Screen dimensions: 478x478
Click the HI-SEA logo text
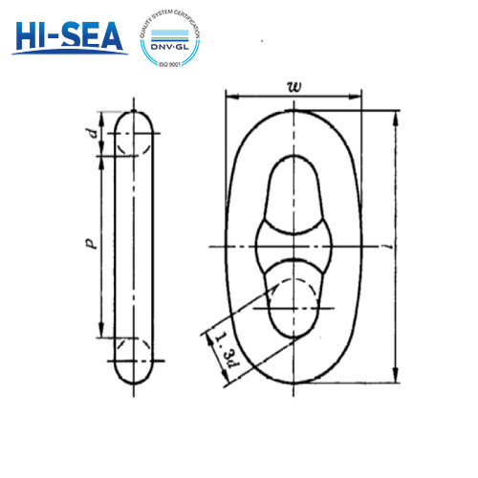[x=70, y=36]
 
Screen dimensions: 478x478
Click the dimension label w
[x=293, y=86]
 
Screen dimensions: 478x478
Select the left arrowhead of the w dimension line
[x=230, y=97]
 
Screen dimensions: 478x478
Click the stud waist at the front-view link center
[x=294, y=247]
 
